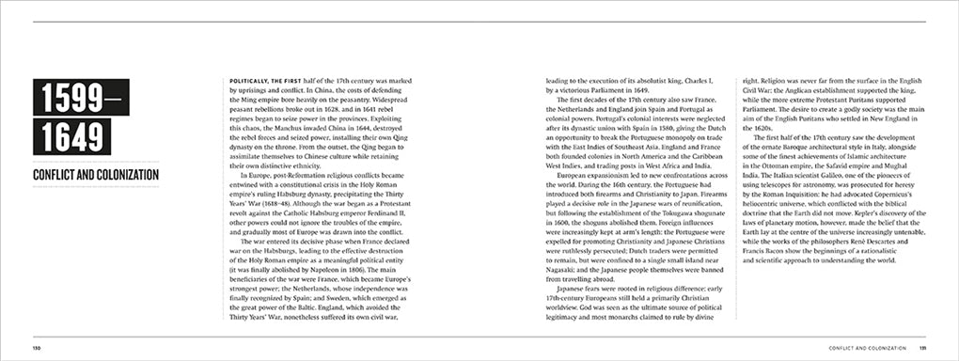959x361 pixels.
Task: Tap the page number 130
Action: pyautogui.click(x=38, y=348)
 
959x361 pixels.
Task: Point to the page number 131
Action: pyautogui.click(x=921, y=348)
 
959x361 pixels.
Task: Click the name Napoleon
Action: pyautogui.click(x=343, y=267)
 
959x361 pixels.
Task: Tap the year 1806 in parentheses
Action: pyautogui.click(x=381, y=267)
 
